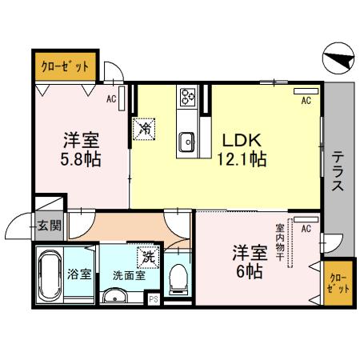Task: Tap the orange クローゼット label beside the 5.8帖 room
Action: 65,67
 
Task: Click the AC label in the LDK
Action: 306,101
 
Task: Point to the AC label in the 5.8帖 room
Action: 112,100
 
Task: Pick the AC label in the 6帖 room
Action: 306,229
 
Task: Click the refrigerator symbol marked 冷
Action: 146,127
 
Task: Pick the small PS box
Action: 153,299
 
